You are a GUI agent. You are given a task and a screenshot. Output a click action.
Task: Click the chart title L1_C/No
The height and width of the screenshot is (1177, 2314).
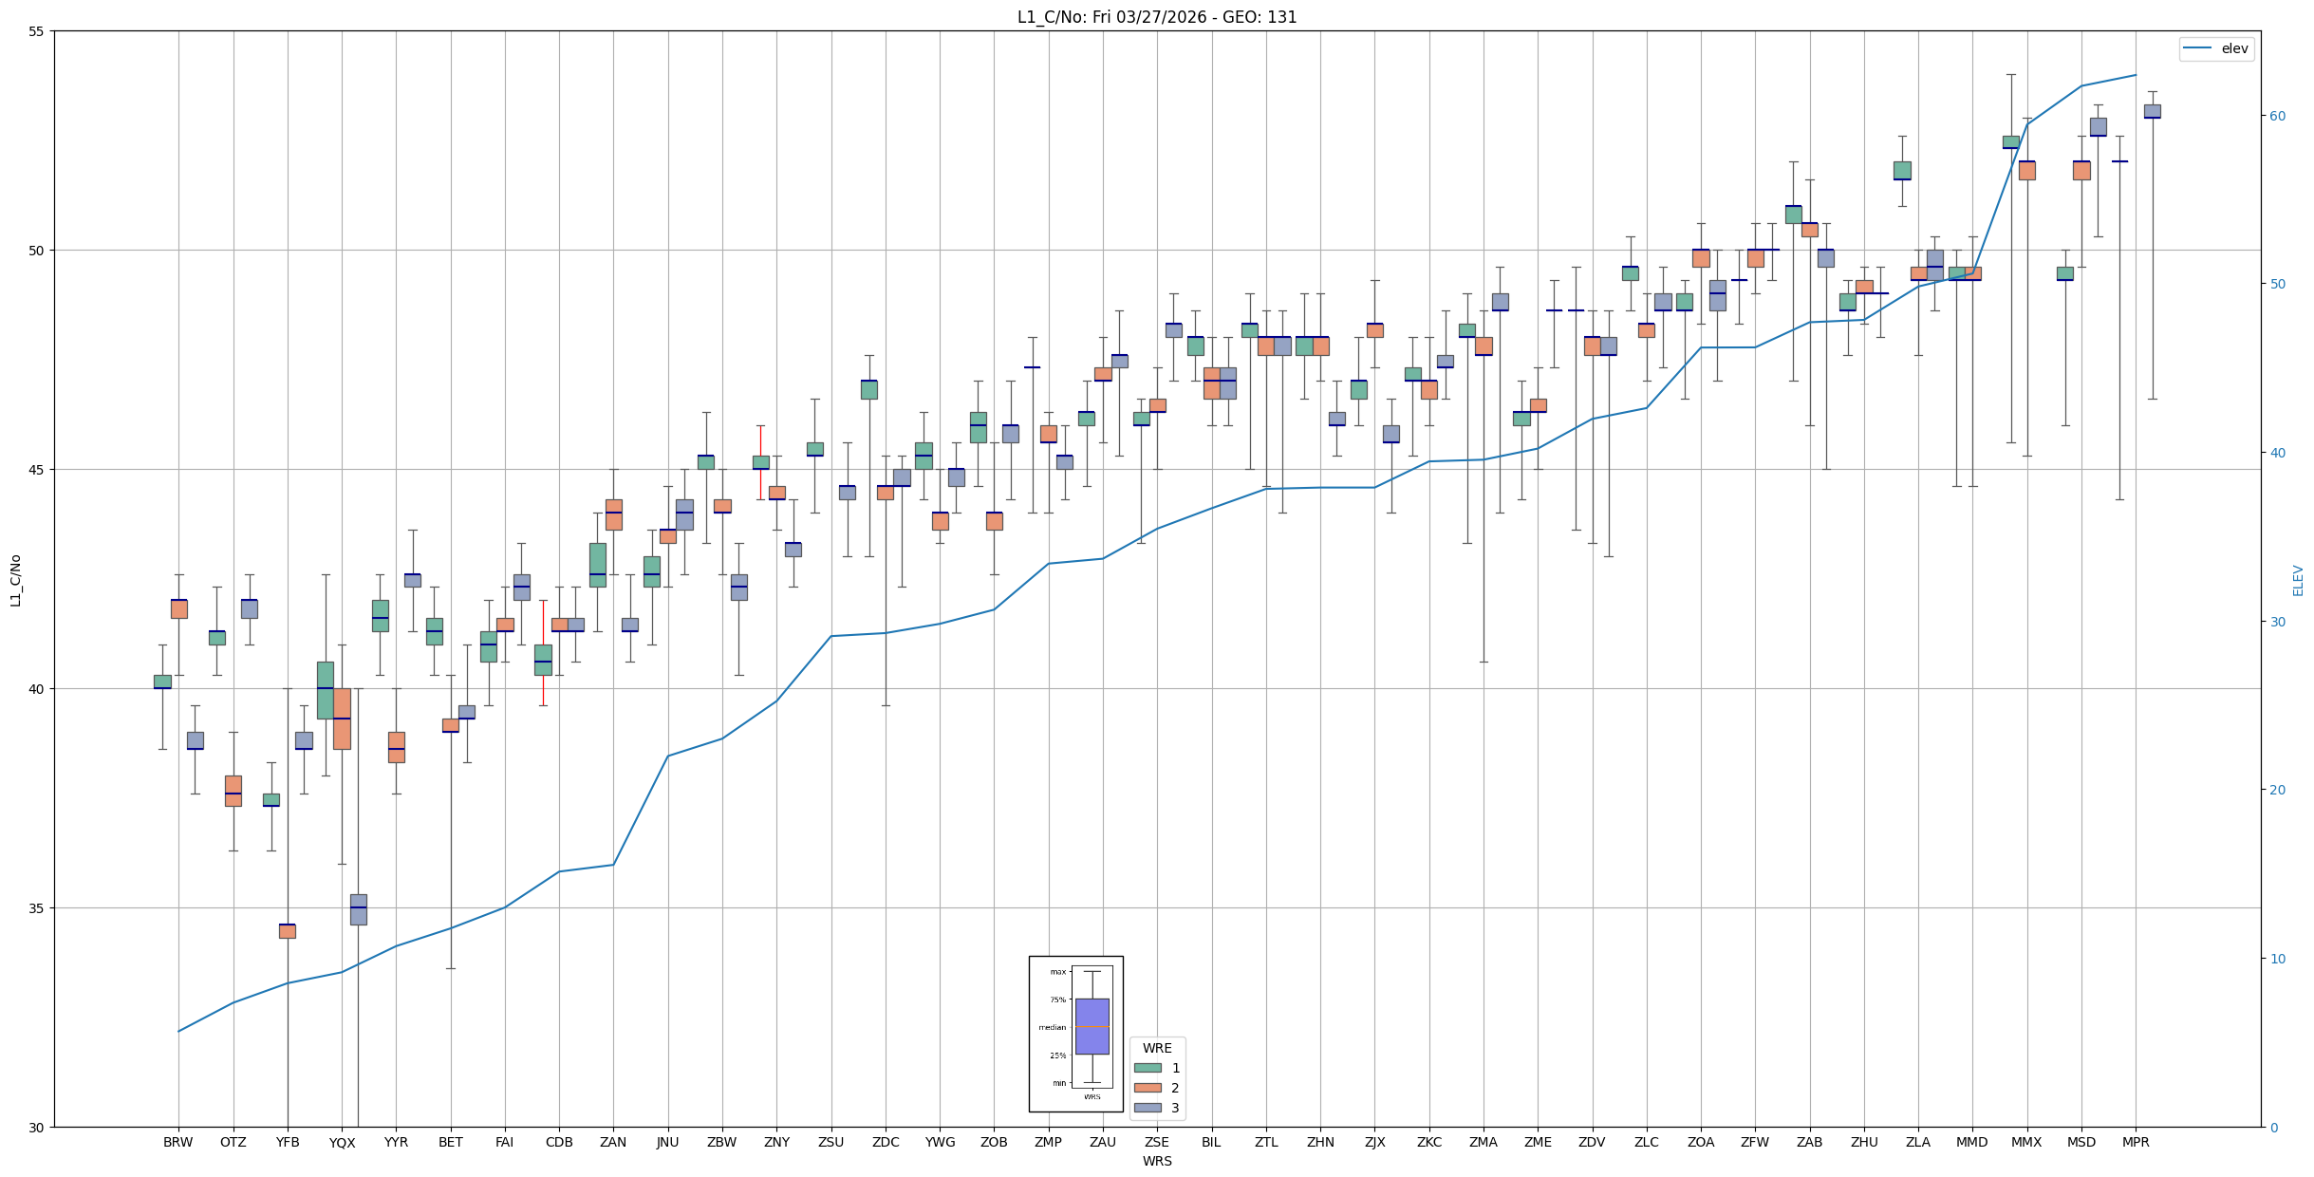1156,17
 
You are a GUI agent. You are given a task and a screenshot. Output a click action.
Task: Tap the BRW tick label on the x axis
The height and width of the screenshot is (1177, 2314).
177,1142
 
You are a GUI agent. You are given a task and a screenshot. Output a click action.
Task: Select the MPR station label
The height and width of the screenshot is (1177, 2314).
2136,1142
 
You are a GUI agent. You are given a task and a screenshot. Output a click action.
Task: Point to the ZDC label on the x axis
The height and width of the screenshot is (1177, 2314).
886,1142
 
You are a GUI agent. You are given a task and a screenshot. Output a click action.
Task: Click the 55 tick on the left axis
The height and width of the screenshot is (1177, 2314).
37,31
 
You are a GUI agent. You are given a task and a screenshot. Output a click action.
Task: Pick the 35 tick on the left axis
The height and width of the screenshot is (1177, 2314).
37,908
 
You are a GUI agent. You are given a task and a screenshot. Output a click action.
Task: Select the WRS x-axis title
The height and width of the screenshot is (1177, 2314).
1157,1161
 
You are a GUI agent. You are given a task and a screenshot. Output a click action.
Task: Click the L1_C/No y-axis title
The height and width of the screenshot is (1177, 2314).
15,580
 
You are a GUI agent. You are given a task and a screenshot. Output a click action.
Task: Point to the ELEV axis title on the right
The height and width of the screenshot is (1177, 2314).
2298,580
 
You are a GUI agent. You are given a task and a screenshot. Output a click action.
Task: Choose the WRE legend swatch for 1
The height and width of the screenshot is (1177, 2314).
1148,1068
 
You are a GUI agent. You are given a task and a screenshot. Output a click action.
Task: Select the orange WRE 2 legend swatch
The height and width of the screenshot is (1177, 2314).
1148,1088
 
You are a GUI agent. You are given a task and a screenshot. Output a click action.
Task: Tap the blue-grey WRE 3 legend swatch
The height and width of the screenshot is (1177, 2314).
1148,1108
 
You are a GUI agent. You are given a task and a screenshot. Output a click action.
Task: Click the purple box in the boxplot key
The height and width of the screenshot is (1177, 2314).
1092,1026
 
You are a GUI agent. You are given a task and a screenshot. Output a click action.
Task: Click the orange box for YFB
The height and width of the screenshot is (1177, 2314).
288,931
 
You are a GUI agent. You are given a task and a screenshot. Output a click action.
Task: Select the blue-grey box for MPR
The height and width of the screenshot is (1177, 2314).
2152,111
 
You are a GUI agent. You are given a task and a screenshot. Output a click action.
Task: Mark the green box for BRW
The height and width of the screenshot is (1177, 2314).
162,682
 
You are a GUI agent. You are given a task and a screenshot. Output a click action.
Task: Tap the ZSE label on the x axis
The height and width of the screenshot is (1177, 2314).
1157,1142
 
